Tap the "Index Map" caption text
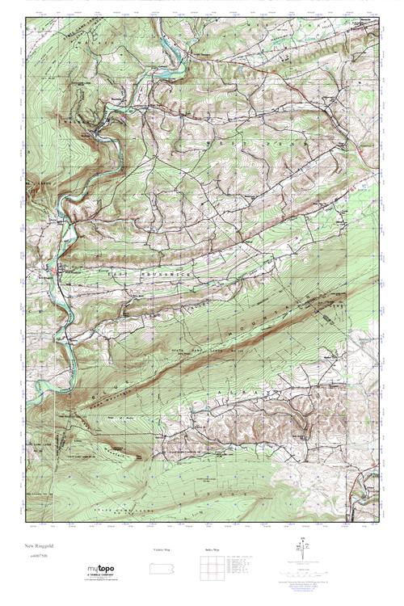(x=208, y=549)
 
